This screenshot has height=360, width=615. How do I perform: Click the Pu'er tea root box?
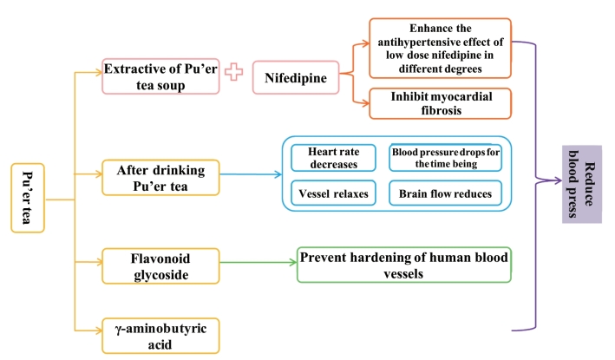coord(28,198)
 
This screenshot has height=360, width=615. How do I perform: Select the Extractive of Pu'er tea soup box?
coord(160,76)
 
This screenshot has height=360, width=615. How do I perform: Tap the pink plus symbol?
coord(233,72)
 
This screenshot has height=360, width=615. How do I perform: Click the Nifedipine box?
coord(296,78)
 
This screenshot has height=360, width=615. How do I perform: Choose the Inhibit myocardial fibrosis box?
coord(440,103)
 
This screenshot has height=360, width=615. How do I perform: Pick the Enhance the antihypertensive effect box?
coord(440,49)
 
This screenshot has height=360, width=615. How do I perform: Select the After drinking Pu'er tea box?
coord(160,178)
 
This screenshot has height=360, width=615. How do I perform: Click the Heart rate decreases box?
coord(333,158)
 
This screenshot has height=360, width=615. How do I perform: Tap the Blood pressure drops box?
coord(446,158)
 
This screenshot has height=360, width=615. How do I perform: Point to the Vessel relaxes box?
coord(333,193)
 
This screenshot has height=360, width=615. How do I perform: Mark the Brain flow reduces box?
coord(446,193)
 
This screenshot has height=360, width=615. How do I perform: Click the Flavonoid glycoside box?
coord(160,266)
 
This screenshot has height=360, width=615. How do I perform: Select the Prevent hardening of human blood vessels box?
coord(404,265)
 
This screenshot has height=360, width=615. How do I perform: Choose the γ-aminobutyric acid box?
coord(160,336)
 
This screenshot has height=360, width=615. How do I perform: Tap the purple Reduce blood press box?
coord(582,184)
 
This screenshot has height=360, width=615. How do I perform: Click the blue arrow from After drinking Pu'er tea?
coord(251,174)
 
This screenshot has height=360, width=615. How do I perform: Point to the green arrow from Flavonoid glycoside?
coord(258,262)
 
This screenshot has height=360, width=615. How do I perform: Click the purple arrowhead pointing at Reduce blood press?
coord(557,180)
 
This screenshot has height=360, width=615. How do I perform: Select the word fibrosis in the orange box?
coord(442,110)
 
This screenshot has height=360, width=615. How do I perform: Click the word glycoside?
coord(160,275)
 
